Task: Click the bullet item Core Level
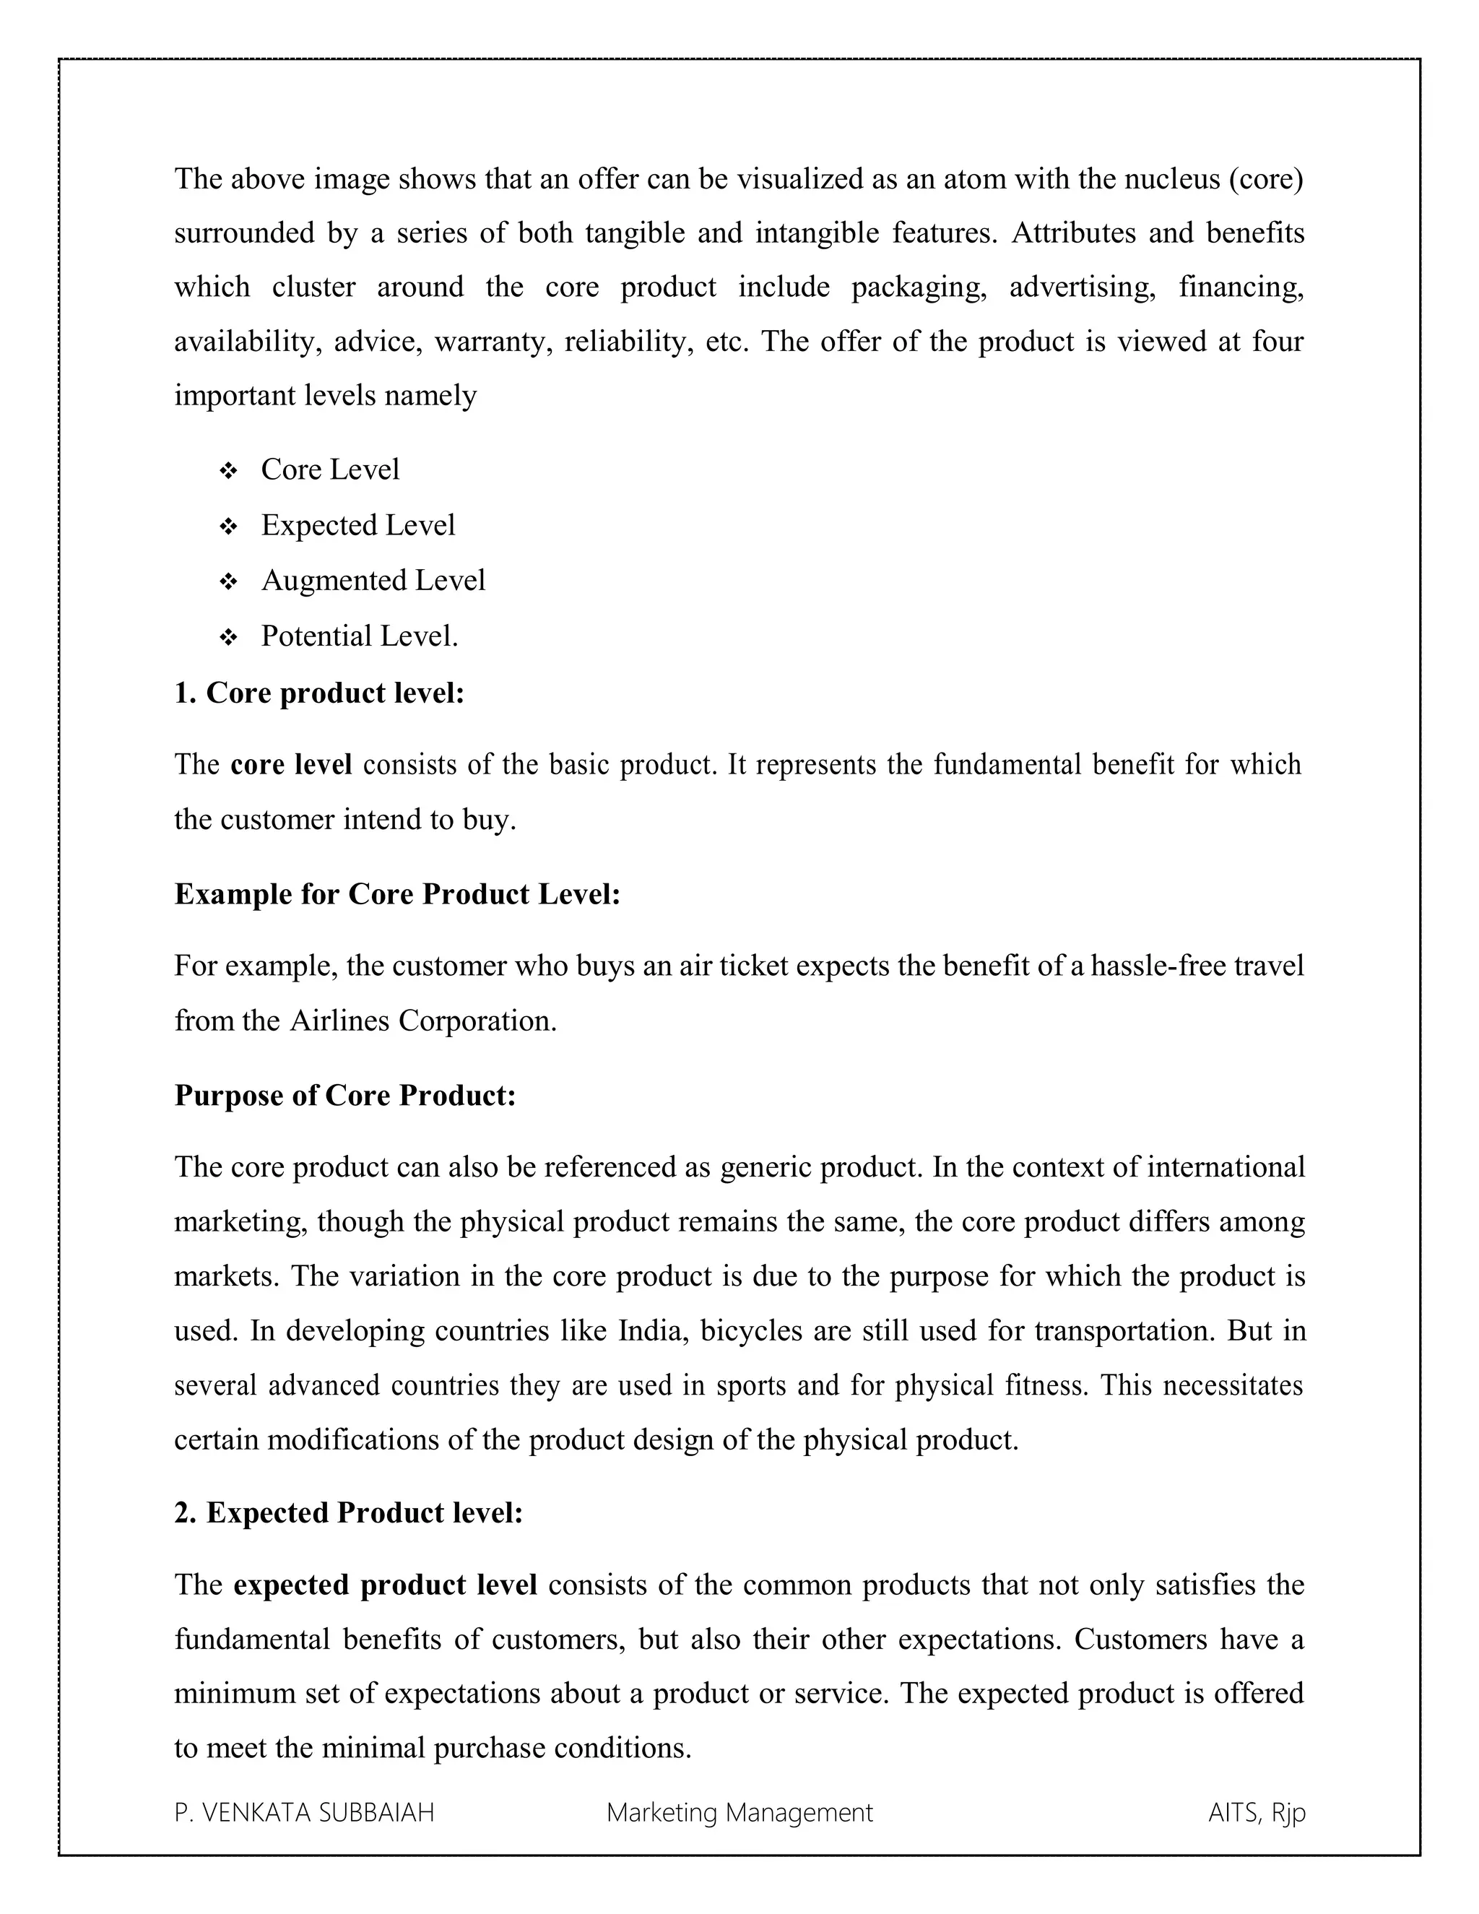coord(329,469)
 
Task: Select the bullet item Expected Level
coord(357,525)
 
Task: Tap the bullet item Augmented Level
coord(373,580)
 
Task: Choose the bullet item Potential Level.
coord(359,636)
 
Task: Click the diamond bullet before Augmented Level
coord(227,582)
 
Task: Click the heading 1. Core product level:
coord(319,693)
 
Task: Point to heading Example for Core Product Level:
coord(397,894)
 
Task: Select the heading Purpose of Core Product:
coord(345,1096)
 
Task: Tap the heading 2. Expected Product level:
coord(348,1512)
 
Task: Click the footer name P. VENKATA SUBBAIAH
coord(304,1812)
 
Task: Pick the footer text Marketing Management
coord(739,1812)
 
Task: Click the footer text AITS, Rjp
coord(1257,1812)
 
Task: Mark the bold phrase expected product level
coord(386,1585)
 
